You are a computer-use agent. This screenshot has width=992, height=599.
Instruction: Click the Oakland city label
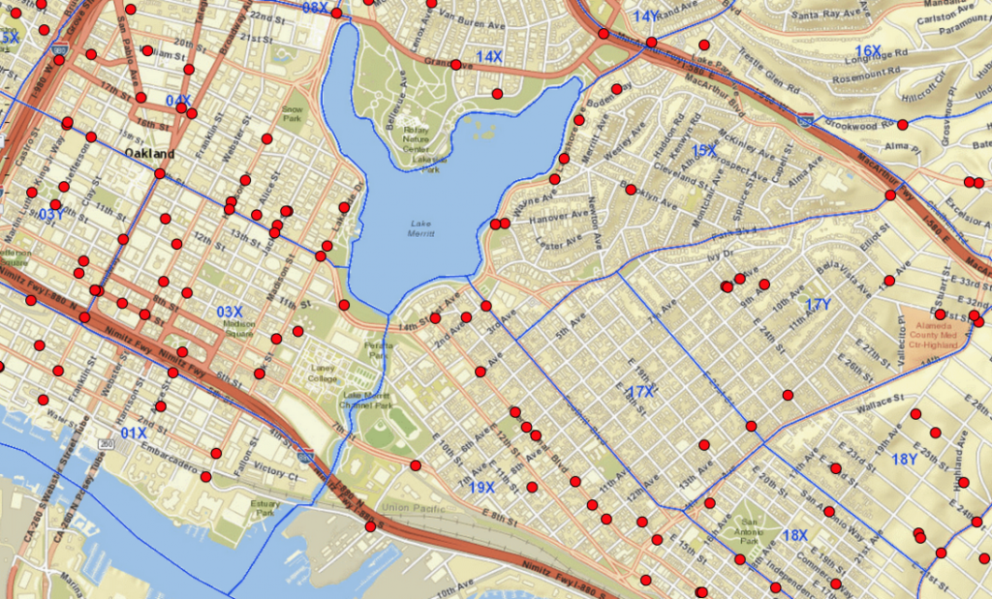tap(150, 154)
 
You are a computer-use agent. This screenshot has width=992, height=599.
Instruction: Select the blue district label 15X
tap(704, 151)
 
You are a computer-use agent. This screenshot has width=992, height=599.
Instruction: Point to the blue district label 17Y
tap(819, 305)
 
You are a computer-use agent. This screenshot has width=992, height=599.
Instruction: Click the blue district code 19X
tap(481, 487)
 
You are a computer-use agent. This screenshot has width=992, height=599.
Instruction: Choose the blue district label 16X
tap(868, 50)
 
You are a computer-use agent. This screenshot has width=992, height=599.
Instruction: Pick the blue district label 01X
tap(135, 433)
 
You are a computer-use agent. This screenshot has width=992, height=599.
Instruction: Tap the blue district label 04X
tap(178, 101)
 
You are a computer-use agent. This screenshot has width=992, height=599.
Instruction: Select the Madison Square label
tap(235, 329)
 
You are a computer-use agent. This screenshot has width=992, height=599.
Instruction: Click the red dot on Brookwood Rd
tap(903, 125)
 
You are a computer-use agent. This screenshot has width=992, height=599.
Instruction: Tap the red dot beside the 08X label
tap(336, 14)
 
